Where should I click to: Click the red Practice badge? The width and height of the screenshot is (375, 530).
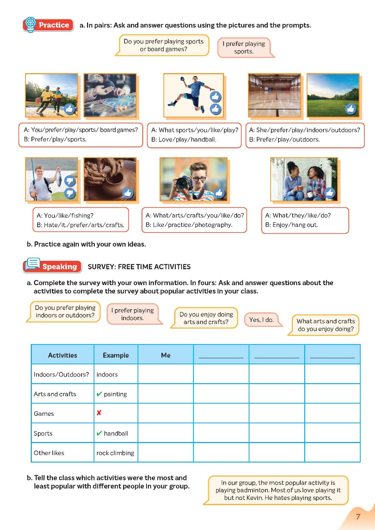(x=48, y=25)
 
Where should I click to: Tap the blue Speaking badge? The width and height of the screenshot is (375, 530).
(x=52, y=266)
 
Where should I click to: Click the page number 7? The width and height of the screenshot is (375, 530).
(x=358, y=517)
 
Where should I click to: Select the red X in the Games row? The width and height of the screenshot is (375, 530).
(x=99, y=413)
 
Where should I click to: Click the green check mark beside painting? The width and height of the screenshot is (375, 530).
(x=99, y=394)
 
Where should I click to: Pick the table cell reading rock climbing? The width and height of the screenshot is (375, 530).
(x=115, y=453)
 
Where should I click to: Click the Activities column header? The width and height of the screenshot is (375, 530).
(x=63, y=355)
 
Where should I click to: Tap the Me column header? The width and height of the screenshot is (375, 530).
(x=166, y=355)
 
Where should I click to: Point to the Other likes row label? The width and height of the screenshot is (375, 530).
(x=49, y=453)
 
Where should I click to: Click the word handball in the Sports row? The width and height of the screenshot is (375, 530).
(x=116, y=434)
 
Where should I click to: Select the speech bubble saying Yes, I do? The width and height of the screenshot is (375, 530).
(x=261, y=320)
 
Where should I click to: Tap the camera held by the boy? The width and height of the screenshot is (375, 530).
(x=184, y=182)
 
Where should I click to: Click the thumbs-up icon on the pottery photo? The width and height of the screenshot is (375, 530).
(x=128, y=193)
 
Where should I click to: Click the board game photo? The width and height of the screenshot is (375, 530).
(x=110, y=95)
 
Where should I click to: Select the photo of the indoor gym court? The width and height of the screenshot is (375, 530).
(x=275, y=95)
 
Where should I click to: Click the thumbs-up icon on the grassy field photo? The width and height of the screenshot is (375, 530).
(x=351, y=109)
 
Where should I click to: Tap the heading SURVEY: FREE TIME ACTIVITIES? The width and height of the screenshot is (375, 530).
(x=139, y=267)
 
